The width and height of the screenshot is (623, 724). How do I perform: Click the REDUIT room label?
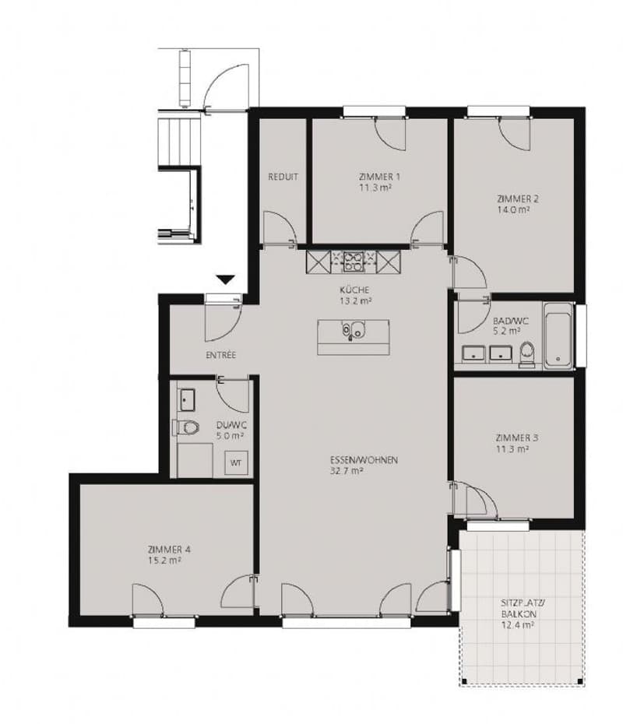coord(283,177)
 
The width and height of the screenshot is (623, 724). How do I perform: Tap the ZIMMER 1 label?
coord(379,177)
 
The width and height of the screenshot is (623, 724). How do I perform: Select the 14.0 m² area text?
coord(513,209)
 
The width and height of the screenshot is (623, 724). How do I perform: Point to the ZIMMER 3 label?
coord(517,438)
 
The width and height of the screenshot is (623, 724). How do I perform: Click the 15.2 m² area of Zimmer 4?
coord(164,561)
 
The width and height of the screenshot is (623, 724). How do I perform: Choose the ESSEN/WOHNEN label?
coord(364,460)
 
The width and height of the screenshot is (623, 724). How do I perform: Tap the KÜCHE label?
coord(354,290)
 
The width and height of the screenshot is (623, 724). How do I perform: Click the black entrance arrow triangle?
coord(226,279)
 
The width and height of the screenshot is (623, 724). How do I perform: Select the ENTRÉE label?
coord(220,355)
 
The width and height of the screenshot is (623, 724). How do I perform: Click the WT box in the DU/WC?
coord(236,462)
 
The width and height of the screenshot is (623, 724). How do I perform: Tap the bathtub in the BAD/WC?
coord(558,336)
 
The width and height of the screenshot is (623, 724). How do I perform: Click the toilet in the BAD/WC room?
coord(526,354)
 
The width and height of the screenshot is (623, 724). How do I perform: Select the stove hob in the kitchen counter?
coord(354,262)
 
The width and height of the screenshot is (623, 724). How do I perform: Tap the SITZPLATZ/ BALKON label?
coord(518,609)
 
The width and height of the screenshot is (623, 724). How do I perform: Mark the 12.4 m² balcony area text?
coord(518,626)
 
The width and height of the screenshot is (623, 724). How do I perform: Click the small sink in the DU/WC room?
coord(187,400)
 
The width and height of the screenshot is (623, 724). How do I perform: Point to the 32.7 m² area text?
coord(347,472)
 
